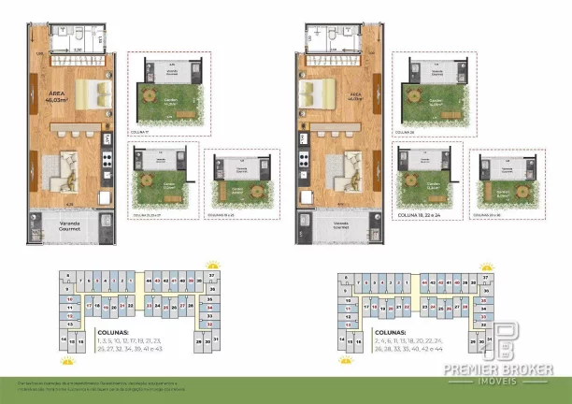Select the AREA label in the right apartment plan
[x=356, y=97]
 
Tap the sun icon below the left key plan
[x=66, y=359]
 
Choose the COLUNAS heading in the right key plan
[x=390, y=331]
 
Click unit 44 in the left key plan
[x=150, y=281]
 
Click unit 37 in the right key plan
[x=485, y=278]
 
